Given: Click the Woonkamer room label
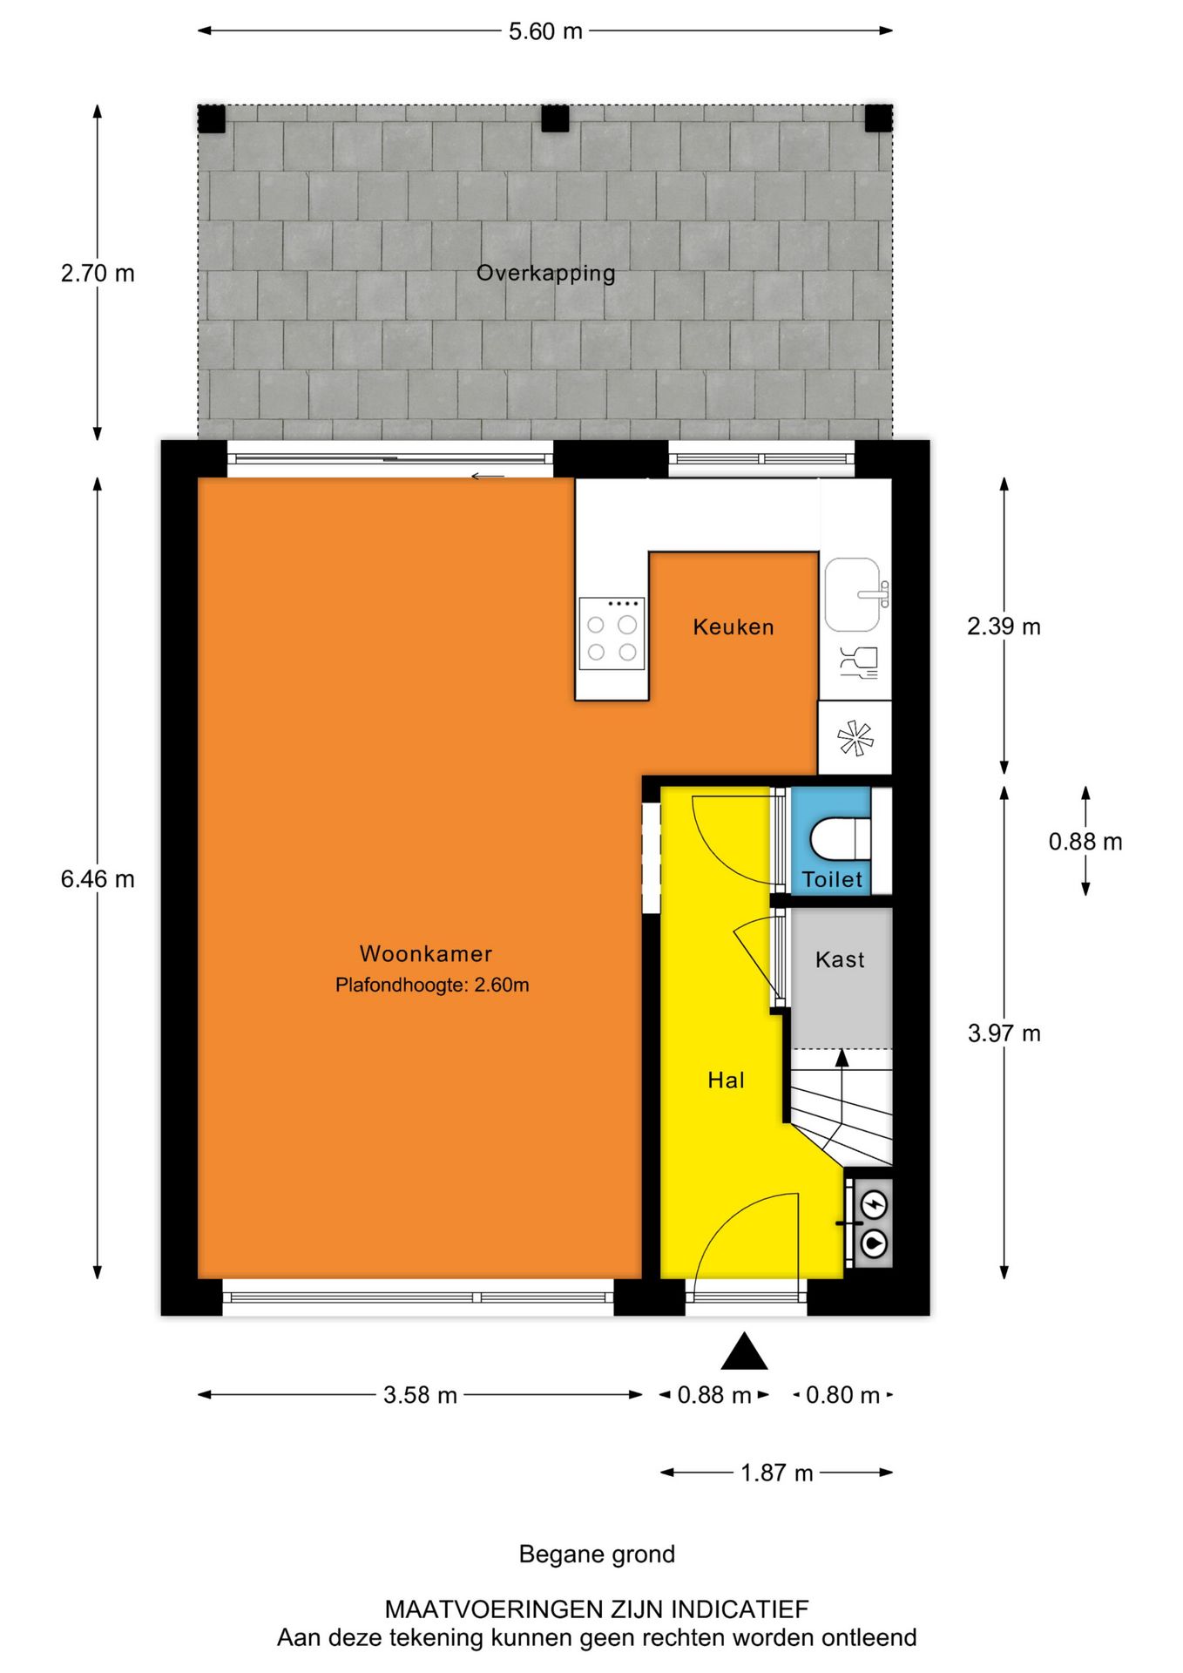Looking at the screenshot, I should point(426,953).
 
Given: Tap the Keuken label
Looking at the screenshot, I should point(733,627).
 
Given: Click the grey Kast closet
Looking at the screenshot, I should point(840,976).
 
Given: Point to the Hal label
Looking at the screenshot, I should point(726,1080).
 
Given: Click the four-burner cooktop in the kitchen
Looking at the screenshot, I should point(612,633).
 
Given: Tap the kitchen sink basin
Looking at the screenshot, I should point(852,594).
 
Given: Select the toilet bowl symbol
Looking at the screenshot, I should point(838,839).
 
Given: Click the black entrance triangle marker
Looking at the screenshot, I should point(744,1352).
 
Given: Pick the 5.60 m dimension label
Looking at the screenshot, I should point(545,31).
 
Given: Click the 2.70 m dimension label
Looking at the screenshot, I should point(98,274).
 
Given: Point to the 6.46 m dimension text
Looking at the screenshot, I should point(98,879).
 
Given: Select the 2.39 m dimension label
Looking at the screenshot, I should point(1004,627).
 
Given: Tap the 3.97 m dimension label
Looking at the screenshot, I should point(1004,1033).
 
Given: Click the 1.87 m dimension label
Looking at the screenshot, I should point(776,1473).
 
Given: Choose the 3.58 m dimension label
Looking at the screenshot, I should point(420,1395).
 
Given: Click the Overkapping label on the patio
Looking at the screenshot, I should point(545,274).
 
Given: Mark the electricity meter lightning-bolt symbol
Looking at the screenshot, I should point(874,1205).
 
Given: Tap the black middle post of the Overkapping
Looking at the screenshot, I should point(555,119).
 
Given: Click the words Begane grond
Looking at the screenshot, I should point(597,1554).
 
